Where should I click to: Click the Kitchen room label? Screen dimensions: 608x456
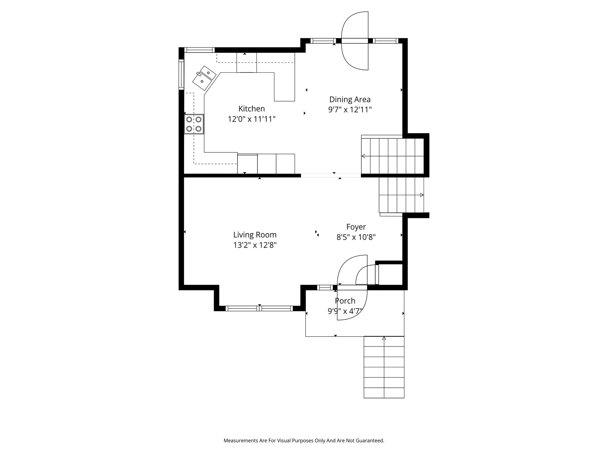[x=251, y=109]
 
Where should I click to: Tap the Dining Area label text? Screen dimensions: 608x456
[x=350, y=99]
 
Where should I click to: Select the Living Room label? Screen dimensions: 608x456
[x=255, y=235]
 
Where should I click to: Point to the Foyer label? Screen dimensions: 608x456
[x=356, y=227]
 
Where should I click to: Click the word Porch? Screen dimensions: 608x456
[x=345, y=301]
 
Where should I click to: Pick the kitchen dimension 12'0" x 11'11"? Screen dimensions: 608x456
[x=252, y=119]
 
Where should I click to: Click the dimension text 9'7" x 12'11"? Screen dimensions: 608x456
[x=350, y=110]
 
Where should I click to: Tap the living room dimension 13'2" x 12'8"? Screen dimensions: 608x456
[x=255, y=245]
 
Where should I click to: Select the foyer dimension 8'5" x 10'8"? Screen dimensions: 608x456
[x=356, y=237]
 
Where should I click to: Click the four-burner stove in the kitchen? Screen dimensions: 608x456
[x=194, y=124]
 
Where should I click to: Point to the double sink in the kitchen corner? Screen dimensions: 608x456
[x=204, y=78]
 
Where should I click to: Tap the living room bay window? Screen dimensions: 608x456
[x=259, y=308]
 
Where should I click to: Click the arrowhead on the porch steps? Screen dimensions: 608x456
[x=384, y=338]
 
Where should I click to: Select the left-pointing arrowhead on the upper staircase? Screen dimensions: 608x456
[x=363, y=156]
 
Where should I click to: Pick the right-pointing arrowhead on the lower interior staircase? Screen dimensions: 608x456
[x=422, y=195]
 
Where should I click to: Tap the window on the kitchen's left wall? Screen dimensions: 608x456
[x=181, y=74]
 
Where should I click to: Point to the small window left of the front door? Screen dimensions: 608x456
[x=325, y=287]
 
